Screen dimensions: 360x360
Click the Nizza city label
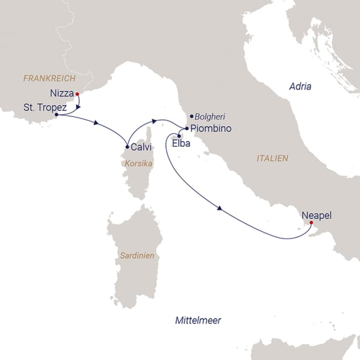62,94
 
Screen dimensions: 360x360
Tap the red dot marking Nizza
77,94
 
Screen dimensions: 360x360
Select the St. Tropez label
44,107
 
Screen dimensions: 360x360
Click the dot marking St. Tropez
56,115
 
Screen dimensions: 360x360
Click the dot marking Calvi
126,147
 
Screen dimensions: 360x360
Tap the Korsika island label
138,164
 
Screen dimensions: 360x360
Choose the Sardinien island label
137,256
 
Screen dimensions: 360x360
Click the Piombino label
211,129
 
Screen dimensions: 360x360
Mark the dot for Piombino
187,128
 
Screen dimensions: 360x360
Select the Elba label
182,144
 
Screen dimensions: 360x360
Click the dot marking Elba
179,136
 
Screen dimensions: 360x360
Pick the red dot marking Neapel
311,222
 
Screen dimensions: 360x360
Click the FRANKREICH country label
49,78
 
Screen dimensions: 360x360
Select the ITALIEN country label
272,158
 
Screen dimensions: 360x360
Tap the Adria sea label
300,86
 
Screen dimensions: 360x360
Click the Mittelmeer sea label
198,321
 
